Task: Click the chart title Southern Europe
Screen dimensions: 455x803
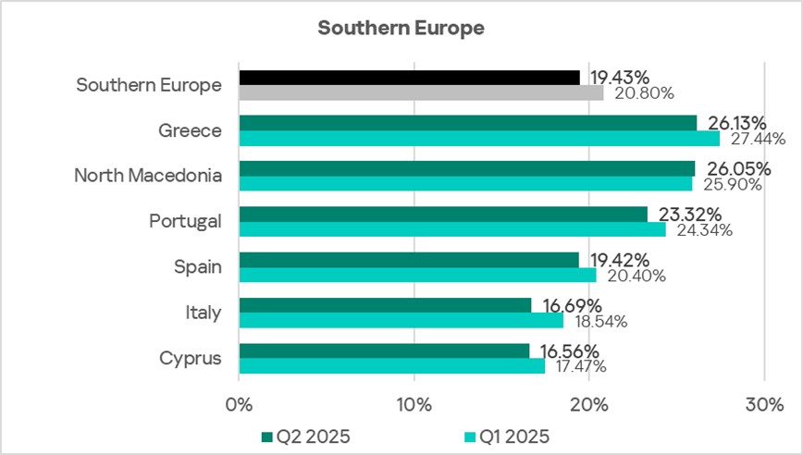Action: point(401,28)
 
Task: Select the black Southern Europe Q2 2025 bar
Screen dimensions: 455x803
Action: point(409,78)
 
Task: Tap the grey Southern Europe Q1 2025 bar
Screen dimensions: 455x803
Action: point(421,92)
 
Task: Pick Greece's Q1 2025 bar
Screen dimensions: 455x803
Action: point(478,138)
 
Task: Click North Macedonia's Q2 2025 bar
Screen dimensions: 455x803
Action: point(466,168)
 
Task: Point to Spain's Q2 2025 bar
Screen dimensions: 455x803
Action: point(408,260)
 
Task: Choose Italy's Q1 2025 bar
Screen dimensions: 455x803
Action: point(401,321)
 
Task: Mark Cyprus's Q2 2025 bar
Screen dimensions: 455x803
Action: point(384,350)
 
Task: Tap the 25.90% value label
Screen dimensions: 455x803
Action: point(732,185)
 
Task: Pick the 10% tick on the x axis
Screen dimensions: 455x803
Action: point(414,405)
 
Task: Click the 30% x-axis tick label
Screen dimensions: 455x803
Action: point(764,405)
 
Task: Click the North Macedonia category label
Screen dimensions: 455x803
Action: point(148,176)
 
